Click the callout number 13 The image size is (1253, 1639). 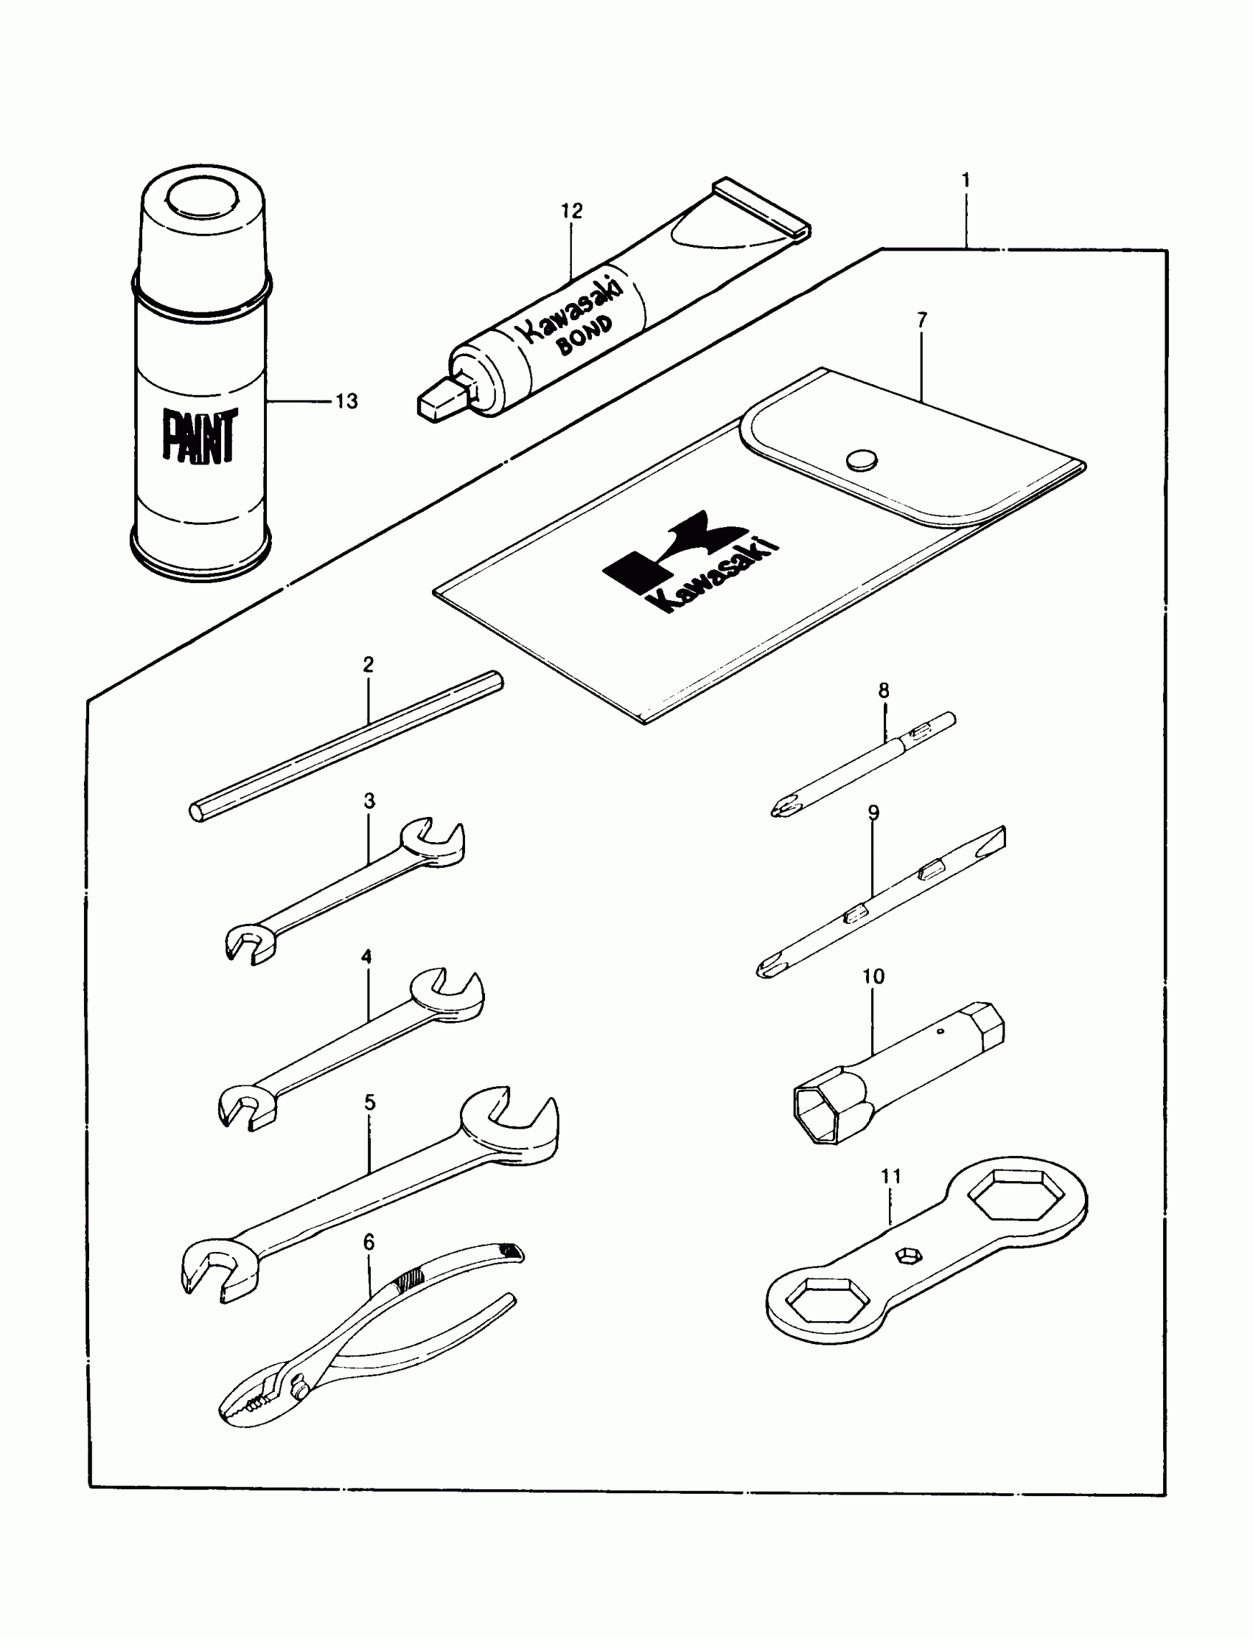pyautogui.click(x=346, y=401)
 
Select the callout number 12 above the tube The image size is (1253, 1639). pyautogui.click(x=571, y=211)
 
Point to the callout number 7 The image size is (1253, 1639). pyautogui.click(x=922, y=319)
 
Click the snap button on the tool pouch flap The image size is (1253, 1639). pyautogui.click(x=862, y=459)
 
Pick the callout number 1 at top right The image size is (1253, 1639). pyautogui.click(x=966, y=180)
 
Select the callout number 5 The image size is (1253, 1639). pyautogui.click(x=369, y=1102)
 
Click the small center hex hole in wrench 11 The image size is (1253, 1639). pyautogui.click(x=906, y=1257)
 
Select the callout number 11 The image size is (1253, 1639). pyautogui.click(x=890, y=1177)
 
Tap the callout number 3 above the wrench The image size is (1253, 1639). pyautogui.click(x=369, y=801)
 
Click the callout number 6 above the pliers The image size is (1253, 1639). pyautogui.click(x=369, y=1242)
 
